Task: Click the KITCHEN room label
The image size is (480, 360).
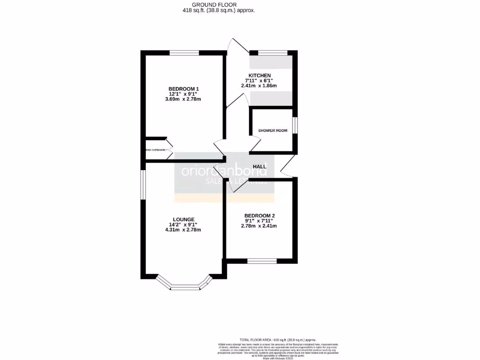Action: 259,75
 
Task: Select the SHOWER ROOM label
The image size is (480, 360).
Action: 272,130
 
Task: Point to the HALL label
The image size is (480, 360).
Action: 260,166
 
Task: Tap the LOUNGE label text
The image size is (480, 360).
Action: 184,218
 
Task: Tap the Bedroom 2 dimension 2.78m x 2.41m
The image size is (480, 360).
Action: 259,226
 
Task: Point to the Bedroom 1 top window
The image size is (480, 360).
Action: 184,52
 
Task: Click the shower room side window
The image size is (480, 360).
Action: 295,126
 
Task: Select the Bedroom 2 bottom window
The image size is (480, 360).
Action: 262,261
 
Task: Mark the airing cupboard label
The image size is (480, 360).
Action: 155,150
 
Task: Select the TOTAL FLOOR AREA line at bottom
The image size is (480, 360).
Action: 278,339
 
